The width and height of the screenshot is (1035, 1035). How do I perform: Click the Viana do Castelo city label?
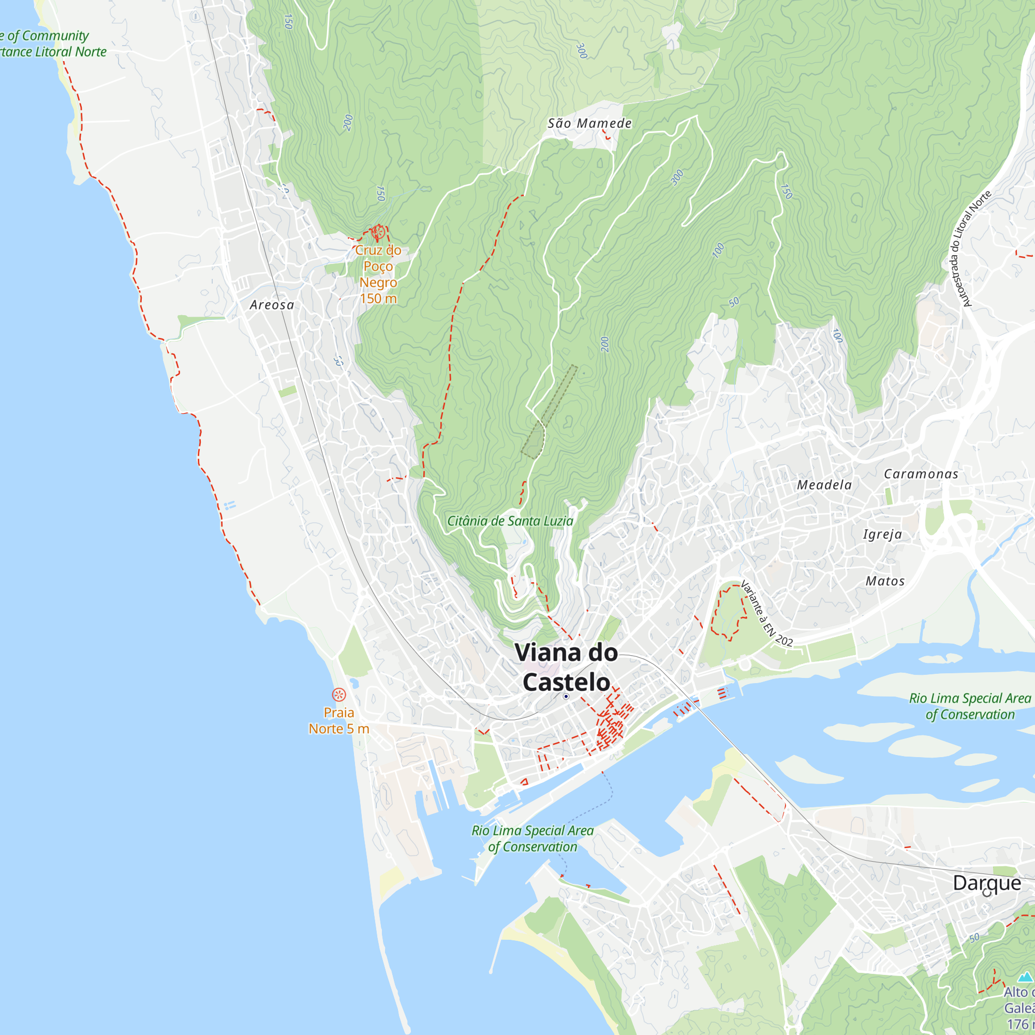coord(566,667)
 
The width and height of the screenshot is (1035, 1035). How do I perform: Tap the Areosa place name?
coord(272,305)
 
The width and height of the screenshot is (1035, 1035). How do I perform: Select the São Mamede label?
coord(589,123)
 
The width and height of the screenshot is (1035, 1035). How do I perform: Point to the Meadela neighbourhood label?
coord(824,485)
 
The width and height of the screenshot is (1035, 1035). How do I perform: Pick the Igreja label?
coord(882,534)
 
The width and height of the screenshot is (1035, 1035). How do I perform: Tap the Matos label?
coord(885,581)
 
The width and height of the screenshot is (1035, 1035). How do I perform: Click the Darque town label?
coord(987,882)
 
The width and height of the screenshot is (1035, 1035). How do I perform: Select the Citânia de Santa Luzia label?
coord(510,521)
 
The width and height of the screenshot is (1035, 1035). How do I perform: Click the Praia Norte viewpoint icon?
coord(338,695)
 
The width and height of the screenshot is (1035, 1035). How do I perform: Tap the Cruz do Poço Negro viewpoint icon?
coord(378,232)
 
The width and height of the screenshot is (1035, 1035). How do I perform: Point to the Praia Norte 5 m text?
coord(338,720)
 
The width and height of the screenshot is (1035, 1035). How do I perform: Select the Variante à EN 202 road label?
coord(766,614)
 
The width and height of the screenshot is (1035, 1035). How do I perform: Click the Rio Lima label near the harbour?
coord(533,838)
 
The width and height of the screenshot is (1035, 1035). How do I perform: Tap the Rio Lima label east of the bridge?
coord(970,706)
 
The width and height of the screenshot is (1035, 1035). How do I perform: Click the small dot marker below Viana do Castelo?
coord(566,697)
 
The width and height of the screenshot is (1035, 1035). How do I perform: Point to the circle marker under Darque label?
coord(987,893)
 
